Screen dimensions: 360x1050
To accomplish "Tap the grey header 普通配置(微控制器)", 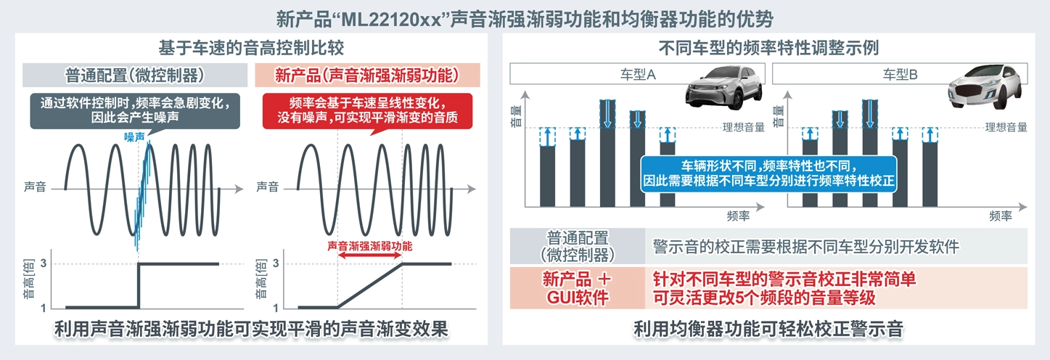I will click(134, 75).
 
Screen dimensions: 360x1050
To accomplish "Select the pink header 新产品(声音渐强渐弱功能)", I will click(368, 75).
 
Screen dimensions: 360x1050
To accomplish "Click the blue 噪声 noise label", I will click(135, 136).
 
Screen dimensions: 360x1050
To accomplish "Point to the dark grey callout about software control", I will click(134, 110).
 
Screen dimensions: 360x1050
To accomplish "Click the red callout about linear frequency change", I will click(367, 110).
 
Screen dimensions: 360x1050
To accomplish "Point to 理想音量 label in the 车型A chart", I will click(743, 128).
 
